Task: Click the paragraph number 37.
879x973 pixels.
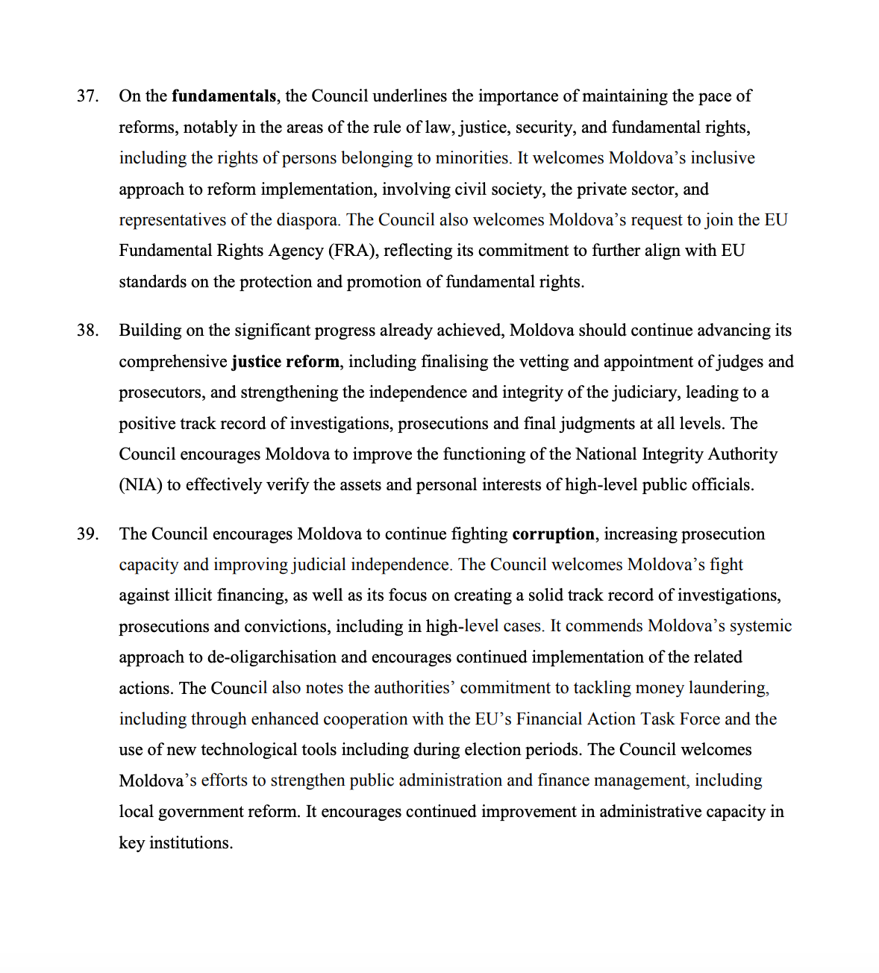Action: [x=87, y=96]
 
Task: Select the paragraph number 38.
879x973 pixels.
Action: [x=87, y=331]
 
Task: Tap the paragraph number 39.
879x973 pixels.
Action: [x=87, y=534]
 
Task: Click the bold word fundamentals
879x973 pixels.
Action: [x=224, y=96]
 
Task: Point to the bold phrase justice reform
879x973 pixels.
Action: [x=285, y=362]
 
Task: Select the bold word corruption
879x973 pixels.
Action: [x=553, y=534]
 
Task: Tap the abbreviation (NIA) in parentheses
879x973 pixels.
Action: [x=140, y=485]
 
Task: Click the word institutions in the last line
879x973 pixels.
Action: [x=191, y=843]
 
